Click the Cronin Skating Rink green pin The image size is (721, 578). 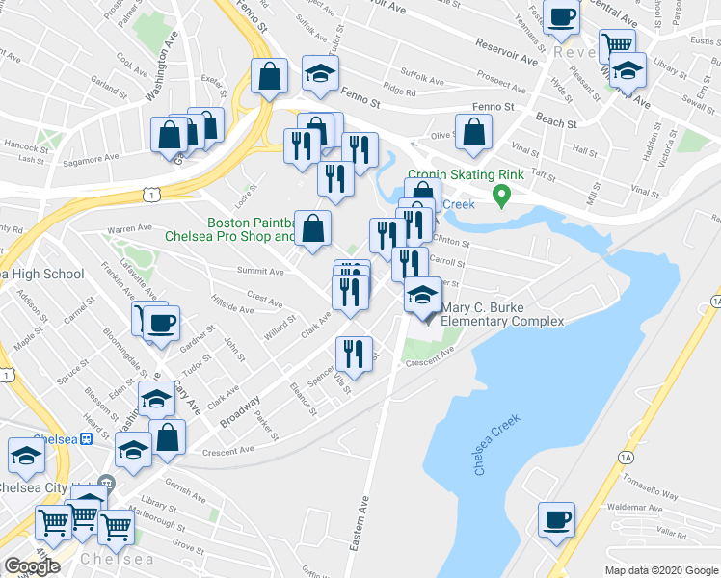click(500, 197)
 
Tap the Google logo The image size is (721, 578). click(32, 566)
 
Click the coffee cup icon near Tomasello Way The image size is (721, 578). click(556, 519)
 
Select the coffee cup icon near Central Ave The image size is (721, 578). click(561, 14)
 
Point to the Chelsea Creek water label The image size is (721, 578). click(497, 444)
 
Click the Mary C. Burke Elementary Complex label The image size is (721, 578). click(501, 314)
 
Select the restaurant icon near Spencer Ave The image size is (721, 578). click(354, 353)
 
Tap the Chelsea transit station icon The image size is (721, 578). click(86, 438)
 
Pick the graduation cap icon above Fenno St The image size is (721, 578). click(320, 71)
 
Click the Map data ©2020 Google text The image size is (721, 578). click(660, 570)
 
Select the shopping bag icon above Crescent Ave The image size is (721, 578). click(168, 436)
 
